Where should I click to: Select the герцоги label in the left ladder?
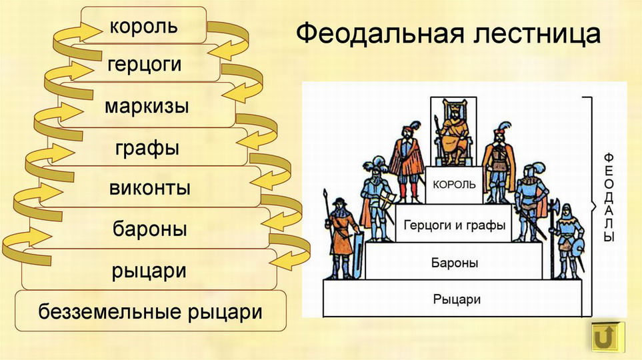pyautogui.click(x=143, y=65)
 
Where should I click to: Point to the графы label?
pyautogui.click(x=146, y=147)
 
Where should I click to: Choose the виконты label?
pyautogui.click(x=150, y=188)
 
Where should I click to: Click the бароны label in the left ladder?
pyautogui.click(x=149, y=229)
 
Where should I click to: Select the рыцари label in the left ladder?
pyautogui.click(x=149, y=271)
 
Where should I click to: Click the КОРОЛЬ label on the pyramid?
pyautogui.click(x=453, y=183)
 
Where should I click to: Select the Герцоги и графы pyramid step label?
pyautogui.click(x=454, y=225)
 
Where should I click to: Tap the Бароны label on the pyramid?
pyautogui.click(x=454, y=263)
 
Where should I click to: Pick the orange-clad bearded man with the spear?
pyautogui.click(x=341, y=237)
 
